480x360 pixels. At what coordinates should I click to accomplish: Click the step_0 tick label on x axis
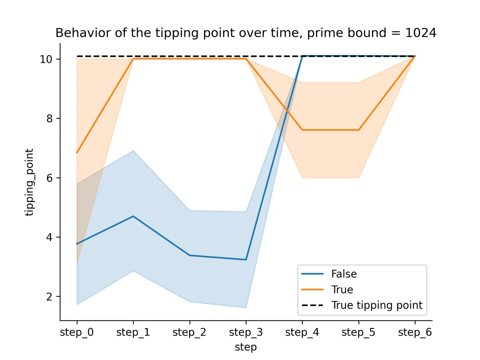click(x=77, y=332)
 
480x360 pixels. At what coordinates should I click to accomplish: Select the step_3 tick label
click(x=246, y=332)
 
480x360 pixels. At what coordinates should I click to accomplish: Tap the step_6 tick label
click(x=415, y=332)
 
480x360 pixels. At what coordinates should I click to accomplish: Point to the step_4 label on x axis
click(x=302, y=332)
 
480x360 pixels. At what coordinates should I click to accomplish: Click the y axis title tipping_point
click(x=30, y=182)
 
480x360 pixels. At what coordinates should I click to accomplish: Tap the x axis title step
click(x=246, y=347)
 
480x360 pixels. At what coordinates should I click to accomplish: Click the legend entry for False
click(x=344, y=274)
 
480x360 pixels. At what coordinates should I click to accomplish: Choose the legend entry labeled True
click(x=342, y=290)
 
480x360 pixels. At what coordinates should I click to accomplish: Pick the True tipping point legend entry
click(x=376, y=305)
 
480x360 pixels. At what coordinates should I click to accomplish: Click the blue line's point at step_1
click(x=133, y=216)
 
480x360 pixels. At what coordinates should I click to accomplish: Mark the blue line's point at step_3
click(x=246, y=260)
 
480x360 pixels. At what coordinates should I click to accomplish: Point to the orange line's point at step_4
click(x=302, y=130)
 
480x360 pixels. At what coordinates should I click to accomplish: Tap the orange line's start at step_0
click(x=77, y=152)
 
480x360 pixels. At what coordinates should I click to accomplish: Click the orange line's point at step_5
click(x=358, y=130)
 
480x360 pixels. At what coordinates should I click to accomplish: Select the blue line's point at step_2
click(x=190, y=255)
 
